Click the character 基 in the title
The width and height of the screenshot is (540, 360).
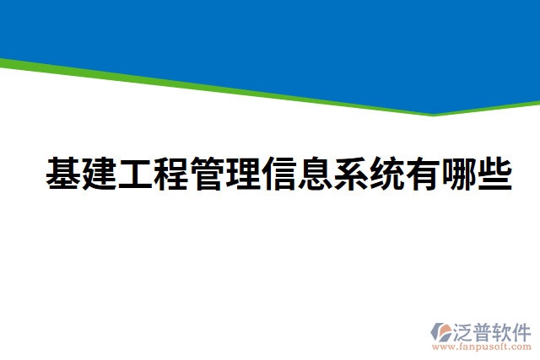pos(63,174)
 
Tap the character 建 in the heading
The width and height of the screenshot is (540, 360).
pos(100,174)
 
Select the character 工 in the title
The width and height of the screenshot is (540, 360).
pos(135,174)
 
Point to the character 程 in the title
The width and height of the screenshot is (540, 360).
pos(170,174)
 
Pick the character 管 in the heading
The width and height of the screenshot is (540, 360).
pos(207,174)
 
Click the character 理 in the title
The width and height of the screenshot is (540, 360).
pos(242,174)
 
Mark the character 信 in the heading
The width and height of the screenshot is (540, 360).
pos(278,174)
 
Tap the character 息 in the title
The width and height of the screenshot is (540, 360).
pos(314,174)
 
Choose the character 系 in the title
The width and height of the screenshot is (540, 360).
pos(350,174)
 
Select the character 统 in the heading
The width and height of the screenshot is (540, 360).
pos(386,174)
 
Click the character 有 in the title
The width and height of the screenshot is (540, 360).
pos(422,174)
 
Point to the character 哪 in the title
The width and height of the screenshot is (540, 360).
pos(457,174)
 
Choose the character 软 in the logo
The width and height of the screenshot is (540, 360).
pos(505,330)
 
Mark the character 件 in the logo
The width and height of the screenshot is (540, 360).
pos(523,330)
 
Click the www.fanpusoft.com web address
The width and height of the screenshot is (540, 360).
pos(482,347)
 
